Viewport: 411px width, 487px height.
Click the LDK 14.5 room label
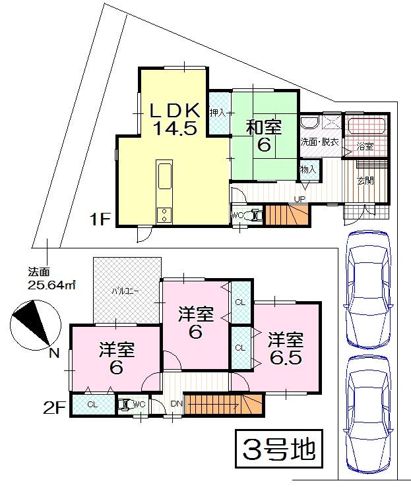click(x=175, y=119)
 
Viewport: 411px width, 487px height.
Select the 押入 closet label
click(x=218, y=113)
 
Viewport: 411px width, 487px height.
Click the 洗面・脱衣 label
click(x=319, y=142)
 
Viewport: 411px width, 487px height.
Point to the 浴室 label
click(x=365, y=146)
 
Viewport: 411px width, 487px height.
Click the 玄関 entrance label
click(x=365, y=180)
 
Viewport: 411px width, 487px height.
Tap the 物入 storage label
click(x=308, y=170)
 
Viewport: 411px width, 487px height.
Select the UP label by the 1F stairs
click(x=300, y=198)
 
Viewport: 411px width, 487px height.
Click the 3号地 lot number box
click(x=276, y=449)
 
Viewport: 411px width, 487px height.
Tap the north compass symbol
click(x=33, y=324)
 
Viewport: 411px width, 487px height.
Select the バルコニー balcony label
click(x=124, y=290)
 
